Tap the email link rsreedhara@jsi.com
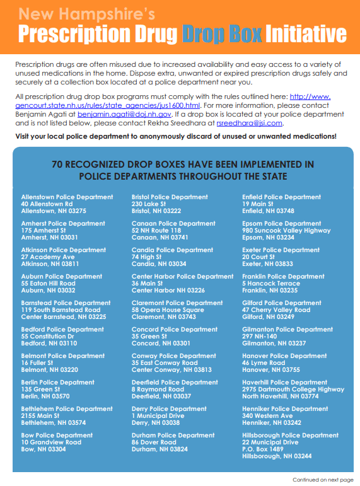click(250, 124)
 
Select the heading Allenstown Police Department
click(67, 197)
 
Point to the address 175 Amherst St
click(43, 231)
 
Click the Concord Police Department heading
click(174, 330)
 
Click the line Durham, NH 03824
click(160, 449)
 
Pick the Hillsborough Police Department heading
click(290, 436)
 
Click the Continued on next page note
click(322, 480)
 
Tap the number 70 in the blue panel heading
click(58, 165)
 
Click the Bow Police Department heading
click(57, 436)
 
